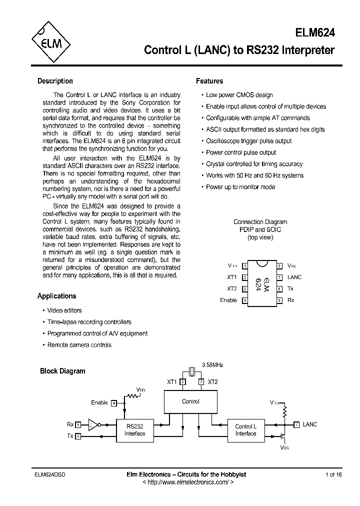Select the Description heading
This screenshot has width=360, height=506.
55,81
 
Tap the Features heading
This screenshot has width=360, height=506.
209,81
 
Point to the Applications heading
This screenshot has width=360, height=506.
56,296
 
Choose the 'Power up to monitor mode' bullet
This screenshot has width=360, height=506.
240,187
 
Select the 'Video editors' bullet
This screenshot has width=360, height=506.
64,310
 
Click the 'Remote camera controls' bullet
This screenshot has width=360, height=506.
79,345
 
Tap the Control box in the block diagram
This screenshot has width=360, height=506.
190,401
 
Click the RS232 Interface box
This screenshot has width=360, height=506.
134,430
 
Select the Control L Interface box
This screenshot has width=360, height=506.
245,430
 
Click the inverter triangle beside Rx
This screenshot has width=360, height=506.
92,424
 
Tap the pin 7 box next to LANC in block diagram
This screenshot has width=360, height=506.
296,424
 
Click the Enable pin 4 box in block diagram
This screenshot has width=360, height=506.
114,402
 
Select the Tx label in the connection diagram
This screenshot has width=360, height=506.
290,288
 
